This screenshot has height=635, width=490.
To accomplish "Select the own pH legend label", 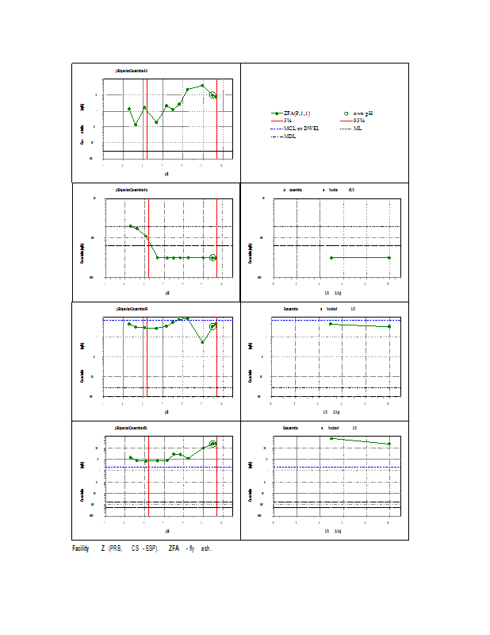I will [x=362, y=114].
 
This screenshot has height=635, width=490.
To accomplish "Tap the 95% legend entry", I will [x=358, y=121].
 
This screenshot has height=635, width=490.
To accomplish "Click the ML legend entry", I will [x=357, y=128].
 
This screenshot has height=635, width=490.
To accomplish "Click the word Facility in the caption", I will [x=81, y=549].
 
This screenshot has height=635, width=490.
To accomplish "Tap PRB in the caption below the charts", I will [x=116, y=549].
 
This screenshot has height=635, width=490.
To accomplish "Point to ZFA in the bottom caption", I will [x=173, y=549].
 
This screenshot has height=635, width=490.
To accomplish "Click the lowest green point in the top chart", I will [x=136, y=125].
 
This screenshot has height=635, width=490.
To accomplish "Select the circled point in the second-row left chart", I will [x=212, y=258].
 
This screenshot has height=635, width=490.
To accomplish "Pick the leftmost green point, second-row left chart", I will [x=130, y=226].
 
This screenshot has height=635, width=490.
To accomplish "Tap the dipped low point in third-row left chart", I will [x=203, y=342].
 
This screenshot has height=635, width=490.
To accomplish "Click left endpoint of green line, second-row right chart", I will [x=331, y=258].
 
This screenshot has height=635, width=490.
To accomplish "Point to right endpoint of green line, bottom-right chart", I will [x=389, y=444].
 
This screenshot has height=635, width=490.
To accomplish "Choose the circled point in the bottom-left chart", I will [x=212, y=444].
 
